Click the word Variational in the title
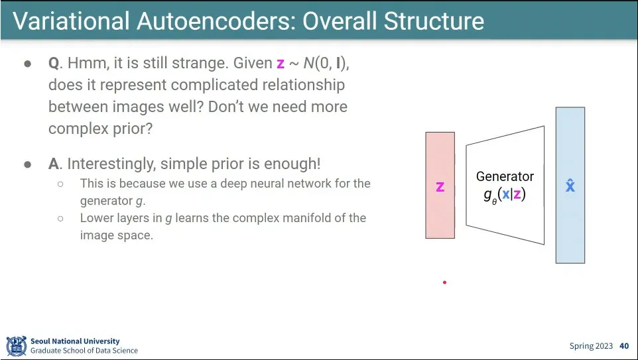pyautogui.click(x=72, y=21)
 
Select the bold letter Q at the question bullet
pyautogui.click(x=54, y=64)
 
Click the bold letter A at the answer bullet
pyautogui.click(x=54, y=164)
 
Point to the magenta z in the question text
pyautogui.click(x=281, y=64)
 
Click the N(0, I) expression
pyautogui.click(x=326, y=64)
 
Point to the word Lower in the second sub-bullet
pyautogui.click(x=94, y=218)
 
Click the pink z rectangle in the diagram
pyautogui.click(x=440, y=185)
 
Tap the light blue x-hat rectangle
pyautogui.click(x=570, y=185)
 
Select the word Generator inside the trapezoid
pyautogui.click(x=505, y=176)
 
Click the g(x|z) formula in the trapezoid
pyautogui.click(x=505, y=195)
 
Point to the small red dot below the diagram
pyautogui.click(x=445, y=282)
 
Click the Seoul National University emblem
pyautogui.click(x=17, y=346)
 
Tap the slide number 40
pyautogui.click(x=624, y=346)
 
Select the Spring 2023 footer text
pyautogui.click(x=591, y=346)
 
